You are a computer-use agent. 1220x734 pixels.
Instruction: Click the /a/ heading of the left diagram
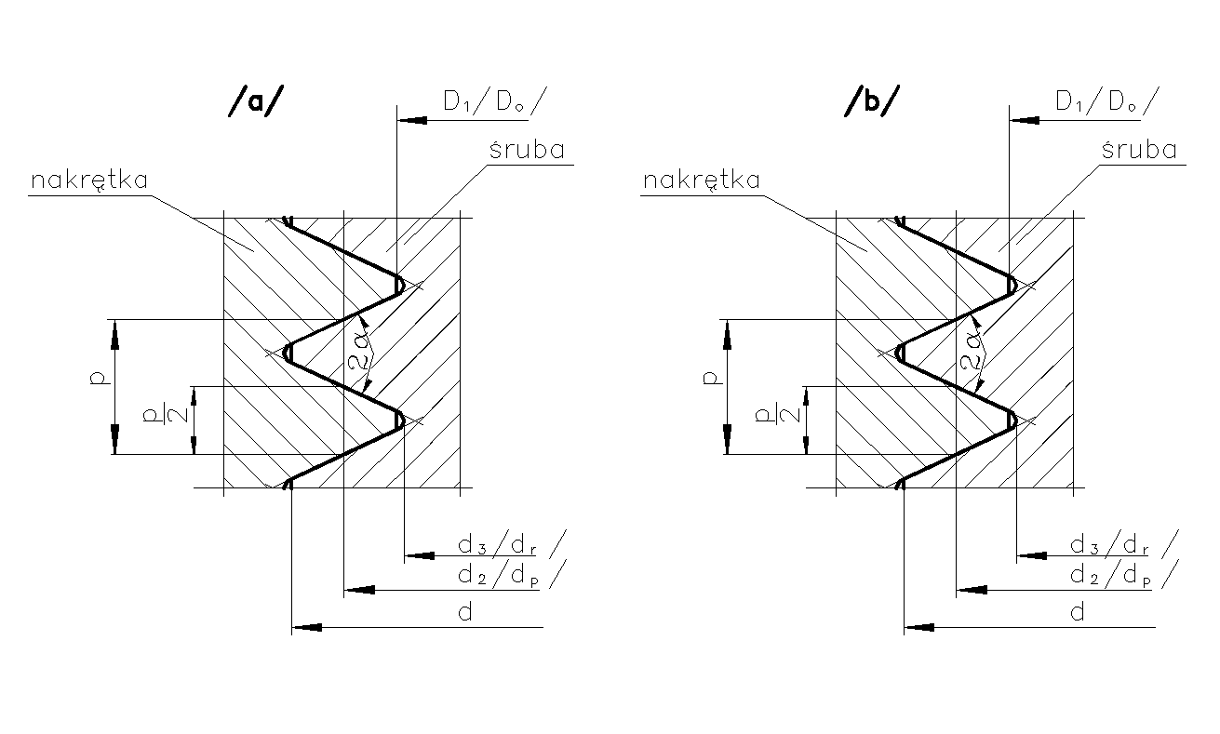point(252,103)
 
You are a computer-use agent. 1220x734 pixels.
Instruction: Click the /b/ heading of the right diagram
point(872,103)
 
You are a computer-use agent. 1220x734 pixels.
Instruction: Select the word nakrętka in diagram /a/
point(89,180)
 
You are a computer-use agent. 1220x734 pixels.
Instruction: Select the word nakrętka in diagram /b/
point(702,180)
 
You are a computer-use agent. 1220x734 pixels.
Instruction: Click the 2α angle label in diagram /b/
point(973,349)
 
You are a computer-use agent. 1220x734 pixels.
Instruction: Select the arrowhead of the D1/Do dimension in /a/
point(410,120)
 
